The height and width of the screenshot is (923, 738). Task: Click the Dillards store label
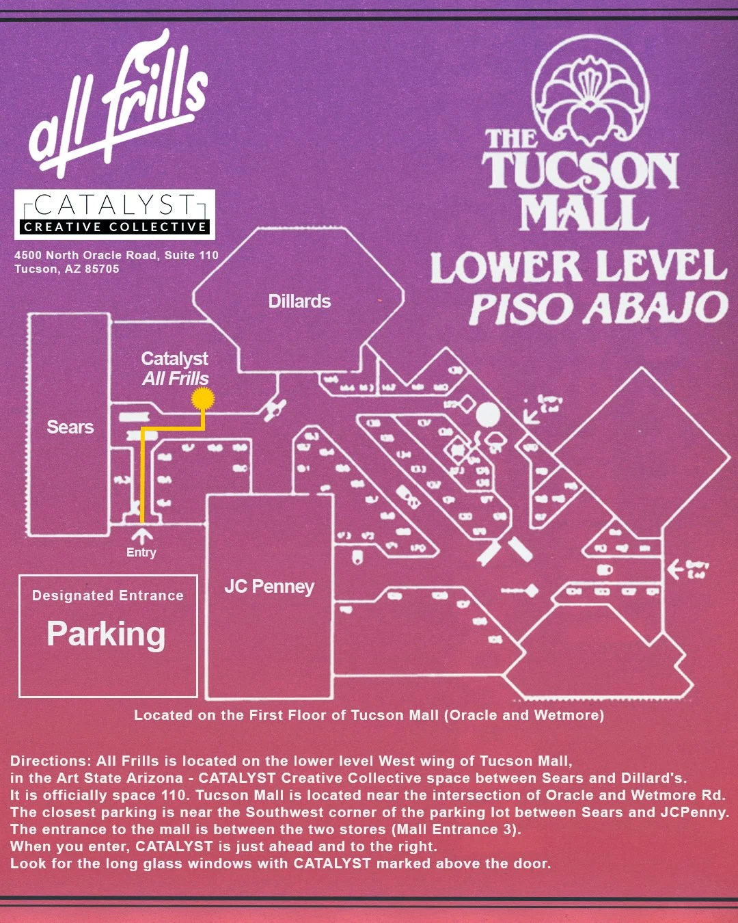(299, 302)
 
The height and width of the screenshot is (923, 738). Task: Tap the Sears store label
(70, 427)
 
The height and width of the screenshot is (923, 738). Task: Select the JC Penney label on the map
(269, 587)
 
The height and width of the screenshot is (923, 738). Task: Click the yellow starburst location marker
(202, 398)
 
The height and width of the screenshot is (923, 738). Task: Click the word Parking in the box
(106, 634)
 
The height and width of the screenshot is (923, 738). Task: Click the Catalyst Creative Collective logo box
(115, 214)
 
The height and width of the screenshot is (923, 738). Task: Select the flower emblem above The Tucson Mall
(590, 89)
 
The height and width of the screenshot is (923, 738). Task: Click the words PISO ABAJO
(598, 308)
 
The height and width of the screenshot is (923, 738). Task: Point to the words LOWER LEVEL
(577, 267)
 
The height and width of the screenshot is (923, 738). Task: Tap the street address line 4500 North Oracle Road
(116, 255)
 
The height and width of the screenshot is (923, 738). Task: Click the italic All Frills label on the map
(176, 379)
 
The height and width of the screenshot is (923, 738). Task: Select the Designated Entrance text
(108, 596)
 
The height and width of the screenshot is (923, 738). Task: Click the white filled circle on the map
(488, 414)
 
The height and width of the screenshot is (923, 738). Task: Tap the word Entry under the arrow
(141, 552)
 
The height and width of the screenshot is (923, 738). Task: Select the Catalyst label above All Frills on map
(175, 359)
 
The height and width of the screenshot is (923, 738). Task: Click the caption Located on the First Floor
(369, 715)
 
